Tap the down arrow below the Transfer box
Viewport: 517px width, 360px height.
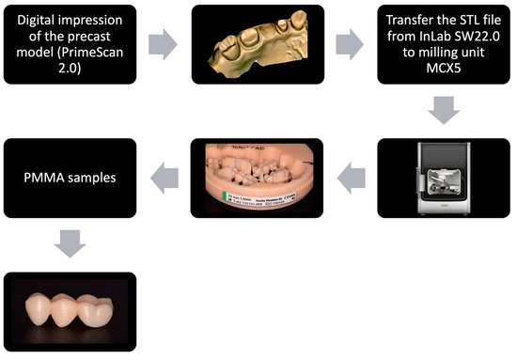(x=446, y=111)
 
